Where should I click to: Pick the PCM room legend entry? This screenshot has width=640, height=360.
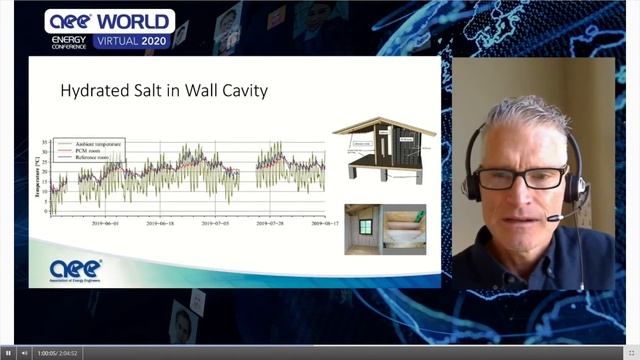point(88,152)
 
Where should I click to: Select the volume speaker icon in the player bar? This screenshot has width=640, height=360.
point(24,352)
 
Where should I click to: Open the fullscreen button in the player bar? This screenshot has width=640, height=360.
point(631,352)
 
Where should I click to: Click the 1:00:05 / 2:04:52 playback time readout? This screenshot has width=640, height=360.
point(57,352)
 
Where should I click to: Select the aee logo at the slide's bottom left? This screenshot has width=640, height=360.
point(77,268)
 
